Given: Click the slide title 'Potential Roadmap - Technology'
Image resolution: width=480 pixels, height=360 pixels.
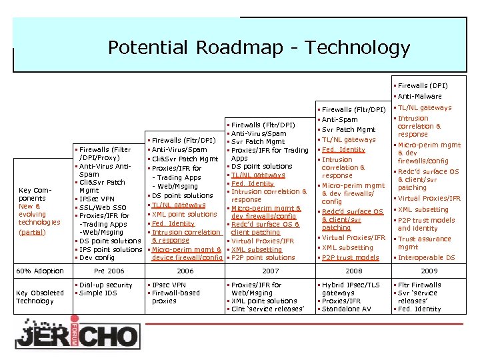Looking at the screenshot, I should tap(259, 48).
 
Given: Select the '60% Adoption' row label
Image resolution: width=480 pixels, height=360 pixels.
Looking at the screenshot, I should tap(39, 271).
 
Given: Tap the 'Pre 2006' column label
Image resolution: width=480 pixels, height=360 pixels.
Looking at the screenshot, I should tap(109, 271).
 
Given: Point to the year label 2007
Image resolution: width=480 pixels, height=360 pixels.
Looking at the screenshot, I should tap(271, 271).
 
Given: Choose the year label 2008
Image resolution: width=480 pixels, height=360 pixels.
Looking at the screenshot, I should tap(353, 271).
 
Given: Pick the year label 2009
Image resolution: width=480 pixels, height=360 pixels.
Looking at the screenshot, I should tap(429, 271).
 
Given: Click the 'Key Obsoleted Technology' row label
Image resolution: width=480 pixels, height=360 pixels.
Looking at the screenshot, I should tap(39, 297).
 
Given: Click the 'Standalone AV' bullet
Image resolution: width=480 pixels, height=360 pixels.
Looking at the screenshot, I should tap(346, 309).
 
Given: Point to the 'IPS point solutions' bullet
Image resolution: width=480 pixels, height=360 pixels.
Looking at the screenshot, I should tap(110, 249).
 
